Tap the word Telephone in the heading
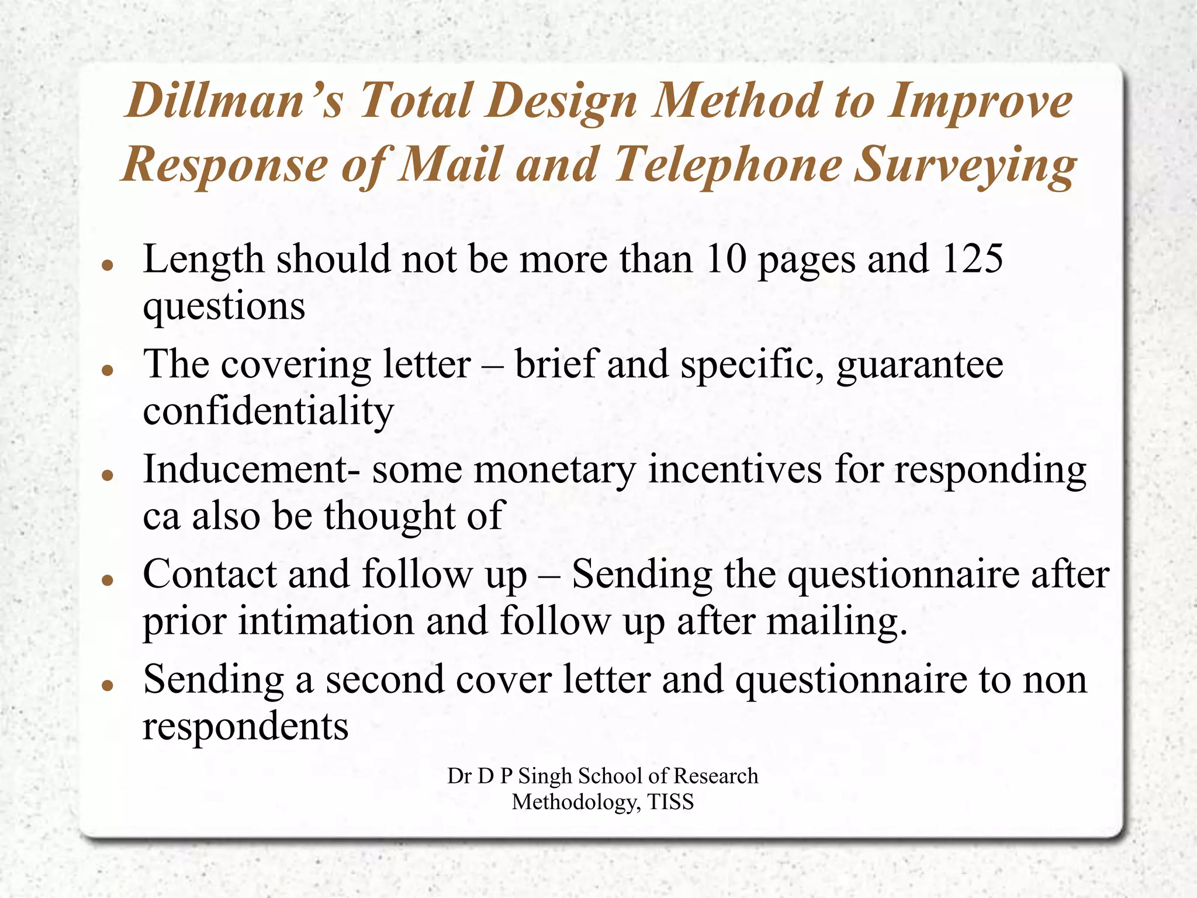click(x=727, y=165)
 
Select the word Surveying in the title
click(x=964, y=165)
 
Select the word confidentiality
click(x=268, y=411)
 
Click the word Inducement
click(x=245, y=469)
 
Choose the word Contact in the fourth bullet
click(x=209, y=574)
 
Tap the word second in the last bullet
click(x=380, y=679)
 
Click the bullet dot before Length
click(x=106, y=264)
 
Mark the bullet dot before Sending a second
click(x=106, y=685)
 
